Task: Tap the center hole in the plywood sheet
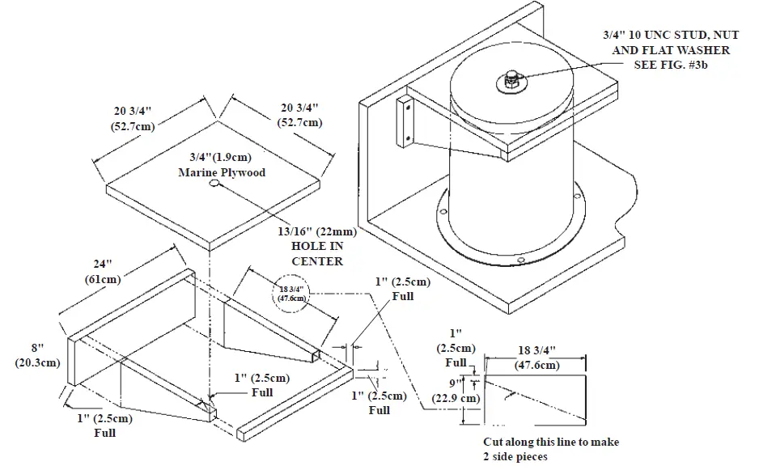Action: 215,184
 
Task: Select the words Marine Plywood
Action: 221,172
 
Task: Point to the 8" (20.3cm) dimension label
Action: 37,357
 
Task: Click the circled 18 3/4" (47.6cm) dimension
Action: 289,294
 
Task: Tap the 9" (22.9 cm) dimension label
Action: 465,392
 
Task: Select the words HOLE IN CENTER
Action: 316,253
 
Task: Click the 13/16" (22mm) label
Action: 316,232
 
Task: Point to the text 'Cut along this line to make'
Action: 551,442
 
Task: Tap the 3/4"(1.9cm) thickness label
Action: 221,159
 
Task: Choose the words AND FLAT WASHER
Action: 671,50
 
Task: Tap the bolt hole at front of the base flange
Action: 522,260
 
